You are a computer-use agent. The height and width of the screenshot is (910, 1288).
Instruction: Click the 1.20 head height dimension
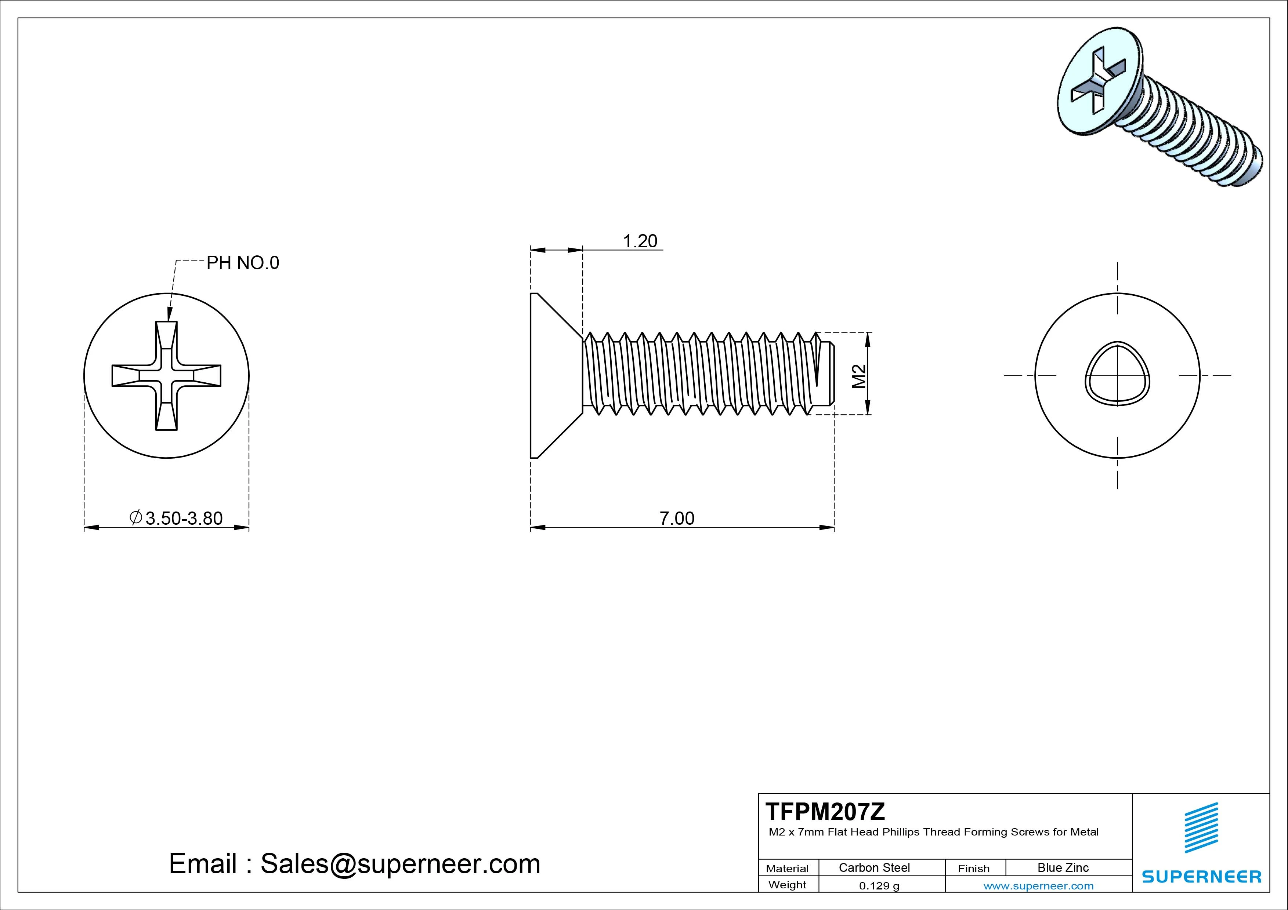coord(640,241)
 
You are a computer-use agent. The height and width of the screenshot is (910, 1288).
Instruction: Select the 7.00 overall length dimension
coord(677,518)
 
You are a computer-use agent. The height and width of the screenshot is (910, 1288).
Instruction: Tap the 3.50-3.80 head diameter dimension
coord(184,518)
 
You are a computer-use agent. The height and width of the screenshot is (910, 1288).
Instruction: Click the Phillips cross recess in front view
coord(167,376)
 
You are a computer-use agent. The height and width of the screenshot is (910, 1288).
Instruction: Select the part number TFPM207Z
coord(825,811)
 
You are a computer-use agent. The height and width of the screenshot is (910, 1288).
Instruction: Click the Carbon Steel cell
coord(874,867)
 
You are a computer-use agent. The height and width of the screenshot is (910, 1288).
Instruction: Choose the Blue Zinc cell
coord(1063,867)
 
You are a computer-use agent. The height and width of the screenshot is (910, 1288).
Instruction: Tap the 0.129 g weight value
coord(879,886)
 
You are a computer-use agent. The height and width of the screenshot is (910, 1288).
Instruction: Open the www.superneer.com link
coord(1038,886)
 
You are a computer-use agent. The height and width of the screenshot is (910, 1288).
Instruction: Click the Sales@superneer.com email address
coord(400,863)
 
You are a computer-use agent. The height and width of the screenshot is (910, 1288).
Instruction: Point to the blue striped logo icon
coord(1201,827)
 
